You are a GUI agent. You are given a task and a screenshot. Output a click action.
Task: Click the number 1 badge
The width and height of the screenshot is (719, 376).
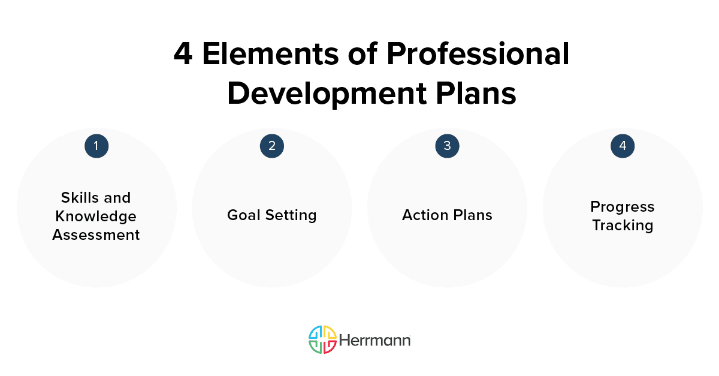point(96,146)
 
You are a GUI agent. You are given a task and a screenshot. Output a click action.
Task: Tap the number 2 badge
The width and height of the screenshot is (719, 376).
point(271,146)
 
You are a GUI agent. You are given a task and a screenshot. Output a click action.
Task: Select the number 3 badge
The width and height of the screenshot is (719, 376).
point(447,146)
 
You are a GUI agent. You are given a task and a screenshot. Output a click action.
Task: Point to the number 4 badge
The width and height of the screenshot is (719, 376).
point(623,146)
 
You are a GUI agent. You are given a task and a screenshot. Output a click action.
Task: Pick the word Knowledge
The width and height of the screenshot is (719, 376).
point(96,216)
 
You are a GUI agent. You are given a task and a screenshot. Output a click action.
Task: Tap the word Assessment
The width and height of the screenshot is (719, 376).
point(96,234)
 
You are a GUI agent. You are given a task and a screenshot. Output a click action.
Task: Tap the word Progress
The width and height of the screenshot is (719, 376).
point(623,206)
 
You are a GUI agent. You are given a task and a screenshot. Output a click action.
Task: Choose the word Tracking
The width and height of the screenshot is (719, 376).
point(623,225)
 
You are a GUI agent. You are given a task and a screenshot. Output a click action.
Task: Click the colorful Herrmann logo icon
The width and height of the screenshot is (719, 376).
point(322,339)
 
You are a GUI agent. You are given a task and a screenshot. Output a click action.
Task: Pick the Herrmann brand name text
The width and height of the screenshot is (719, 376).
point(375,340)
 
